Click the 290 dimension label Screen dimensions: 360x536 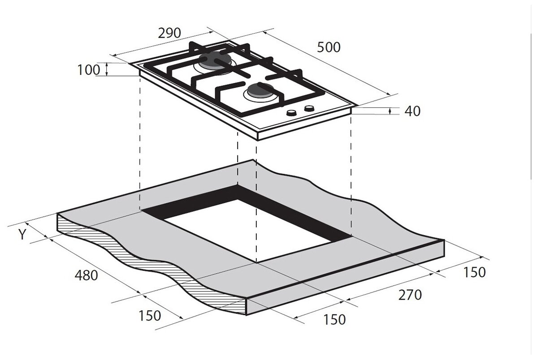tap(169, 33)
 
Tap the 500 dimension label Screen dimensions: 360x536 tap(328, 47)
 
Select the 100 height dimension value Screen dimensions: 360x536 tap(88, 70)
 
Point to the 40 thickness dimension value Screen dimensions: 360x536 tap(412, 111)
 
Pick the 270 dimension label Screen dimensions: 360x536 tap(410, 295)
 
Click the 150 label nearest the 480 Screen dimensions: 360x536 tap(149, 316)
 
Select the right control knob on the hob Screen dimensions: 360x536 tap(309, 108)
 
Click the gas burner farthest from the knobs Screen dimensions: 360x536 tap(215, 61)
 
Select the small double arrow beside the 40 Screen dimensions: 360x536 tap(390, 111)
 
